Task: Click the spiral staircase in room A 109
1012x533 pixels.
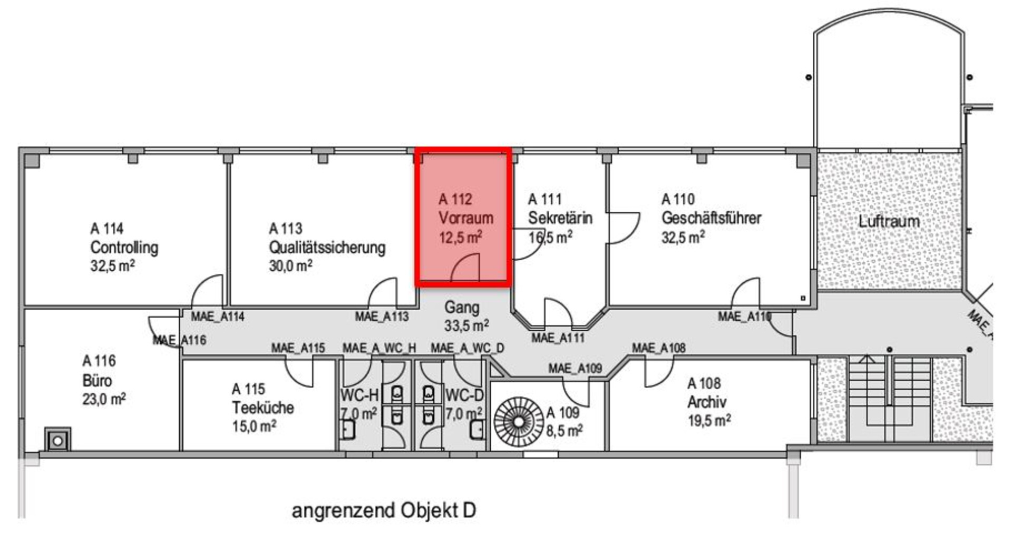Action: [x=519, y=421]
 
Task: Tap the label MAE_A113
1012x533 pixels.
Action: [x=382, y=317]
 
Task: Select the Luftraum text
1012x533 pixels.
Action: [x=889, y=221]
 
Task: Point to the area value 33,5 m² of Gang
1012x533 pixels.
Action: [x=466, y=326]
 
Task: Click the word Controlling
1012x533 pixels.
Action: [x=124, y=248]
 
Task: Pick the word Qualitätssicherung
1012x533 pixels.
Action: [x=327, y=248]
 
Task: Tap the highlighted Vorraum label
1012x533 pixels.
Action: [x=465, y=218]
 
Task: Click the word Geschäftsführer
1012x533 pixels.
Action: [x=711, y=218]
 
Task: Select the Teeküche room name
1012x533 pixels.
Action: [x=262, y=408]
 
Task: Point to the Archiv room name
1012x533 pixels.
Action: [x=706, y=402]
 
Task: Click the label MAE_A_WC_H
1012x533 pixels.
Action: [x=379, y=348]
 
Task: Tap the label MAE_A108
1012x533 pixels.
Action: [x=658, y=348]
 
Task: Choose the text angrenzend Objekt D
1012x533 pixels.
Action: [x=383, y=510]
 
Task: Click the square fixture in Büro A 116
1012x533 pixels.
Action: [x=57, y=440]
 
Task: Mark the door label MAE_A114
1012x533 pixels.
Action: [x=217, y=317]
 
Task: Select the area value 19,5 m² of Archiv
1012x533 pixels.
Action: [x=708, y=420]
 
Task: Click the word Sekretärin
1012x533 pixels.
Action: [x=560, y=218]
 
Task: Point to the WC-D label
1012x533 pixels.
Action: [x=464, y=395]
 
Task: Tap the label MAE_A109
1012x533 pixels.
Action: [x=575, y=369]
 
